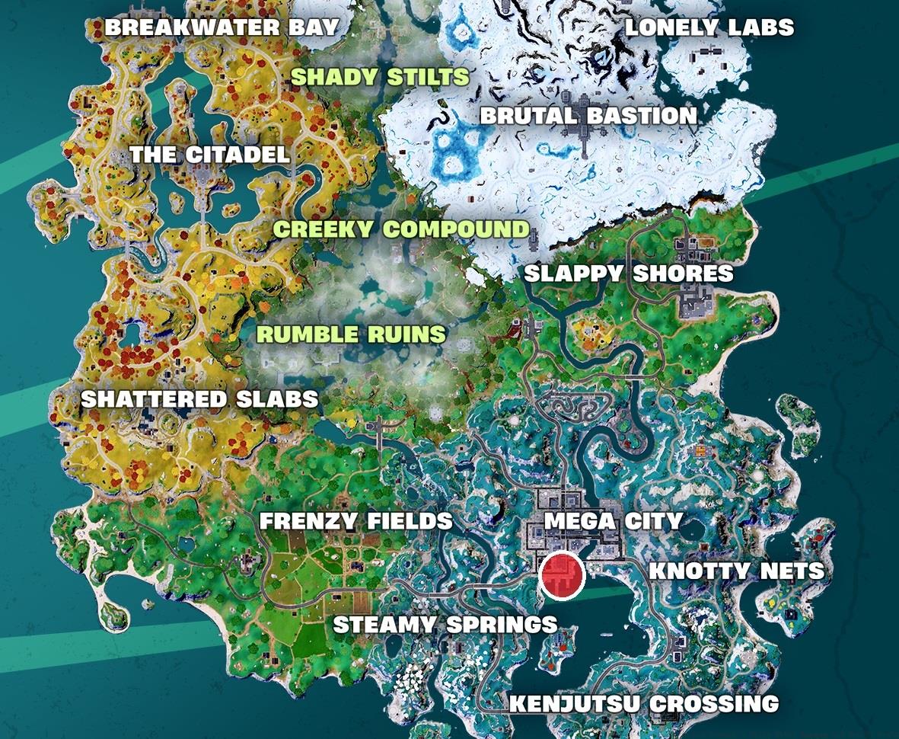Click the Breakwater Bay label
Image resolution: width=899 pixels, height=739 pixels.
point(222,27)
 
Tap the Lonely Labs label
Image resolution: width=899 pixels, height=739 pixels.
point(709,28)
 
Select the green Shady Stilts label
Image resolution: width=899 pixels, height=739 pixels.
point(380,77)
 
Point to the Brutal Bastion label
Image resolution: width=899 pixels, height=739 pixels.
point(588,116)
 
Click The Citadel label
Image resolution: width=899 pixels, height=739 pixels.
point(209,155)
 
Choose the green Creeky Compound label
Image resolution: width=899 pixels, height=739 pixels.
point(401,229)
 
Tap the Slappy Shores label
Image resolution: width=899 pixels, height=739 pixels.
point(629,274)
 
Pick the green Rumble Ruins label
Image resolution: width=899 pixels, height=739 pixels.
point(352,334)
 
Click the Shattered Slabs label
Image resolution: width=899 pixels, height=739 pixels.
point(199,398)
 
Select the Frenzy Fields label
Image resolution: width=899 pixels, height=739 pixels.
point(356,522)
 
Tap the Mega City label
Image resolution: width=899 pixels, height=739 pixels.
point(614,522)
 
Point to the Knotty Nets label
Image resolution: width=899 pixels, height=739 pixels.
point(736,571)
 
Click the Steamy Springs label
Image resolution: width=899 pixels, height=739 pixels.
point(445,625)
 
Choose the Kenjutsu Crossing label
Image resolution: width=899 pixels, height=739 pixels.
point(644,704)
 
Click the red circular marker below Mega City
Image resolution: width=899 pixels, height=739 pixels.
point(561,576)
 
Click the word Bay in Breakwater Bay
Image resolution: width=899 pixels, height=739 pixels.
point(311,27)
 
